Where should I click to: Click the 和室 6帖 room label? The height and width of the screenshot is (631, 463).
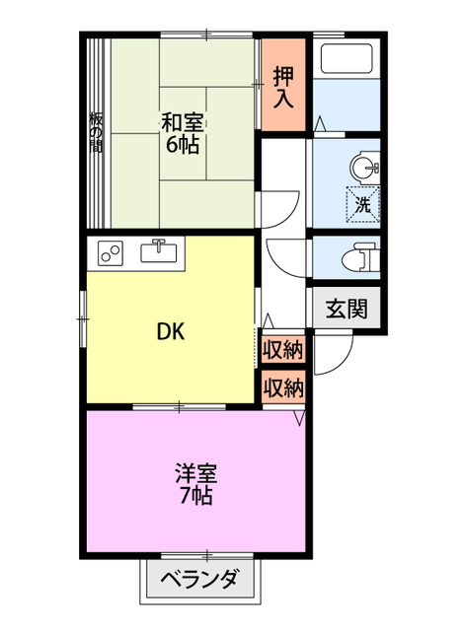coord(182,134)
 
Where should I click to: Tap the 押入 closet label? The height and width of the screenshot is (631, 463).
coord(283,88)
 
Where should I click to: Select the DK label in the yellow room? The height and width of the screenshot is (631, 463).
coord(170,332)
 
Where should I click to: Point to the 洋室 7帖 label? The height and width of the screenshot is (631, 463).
coord(195,484)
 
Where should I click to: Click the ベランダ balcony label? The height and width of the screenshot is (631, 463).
coord(199,580)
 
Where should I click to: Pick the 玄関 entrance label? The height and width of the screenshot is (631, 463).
coord(347,309)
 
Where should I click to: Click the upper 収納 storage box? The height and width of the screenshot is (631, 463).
coord(282,349)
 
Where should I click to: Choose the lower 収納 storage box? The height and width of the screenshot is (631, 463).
coord(282,387)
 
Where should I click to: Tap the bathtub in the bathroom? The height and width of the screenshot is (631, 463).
coord(347,58)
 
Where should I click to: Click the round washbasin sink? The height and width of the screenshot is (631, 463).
coord(364,168)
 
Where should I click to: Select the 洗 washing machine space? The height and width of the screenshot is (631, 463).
coord(362,205)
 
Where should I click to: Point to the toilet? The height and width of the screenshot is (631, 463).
coord(360,256)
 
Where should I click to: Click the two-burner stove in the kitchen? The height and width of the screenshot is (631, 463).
coord(110,252)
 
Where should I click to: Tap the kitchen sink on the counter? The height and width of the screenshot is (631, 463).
coord(158,251)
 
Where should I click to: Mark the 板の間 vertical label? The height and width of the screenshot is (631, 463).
coord(96,132)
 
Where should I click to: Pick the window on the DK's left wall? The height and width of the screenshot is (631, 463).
coord(83,318)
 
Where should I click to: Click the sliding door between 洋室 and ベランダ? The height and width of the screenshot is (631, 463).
coord(206,556)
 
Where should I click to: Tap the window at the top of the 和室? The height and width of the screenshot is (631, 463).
coord(206,35)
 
